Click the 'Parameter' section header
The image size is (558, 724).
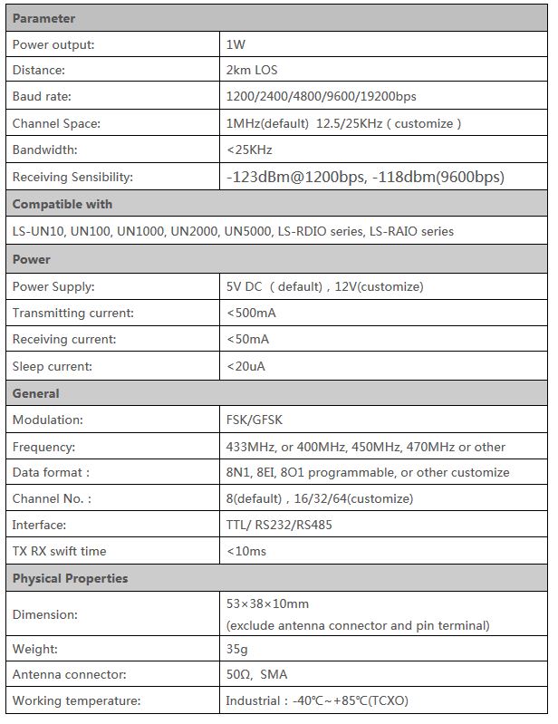(43, 18)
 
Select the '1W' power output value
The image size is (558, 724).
(236, 43)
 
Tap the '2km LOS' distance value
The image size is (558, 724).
(252, 70)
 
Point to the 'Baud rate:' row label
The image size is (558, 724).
(42, 96)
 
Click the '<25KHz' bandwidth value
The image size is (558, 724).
(249, 150)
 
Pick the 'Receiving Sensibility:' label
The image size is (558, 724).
(72, 177)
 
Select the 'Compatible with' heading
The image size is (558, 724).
(63, 204)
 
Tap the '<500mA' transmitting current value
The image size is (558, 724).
(251, 313)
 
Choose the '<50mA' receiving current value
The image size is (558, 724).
(247, 340)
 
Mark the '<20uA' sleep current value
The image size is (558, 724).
(246, 367)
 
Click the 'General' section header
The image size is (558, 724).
(36, 393)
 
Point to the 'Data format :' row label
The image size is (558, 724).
(51, 472)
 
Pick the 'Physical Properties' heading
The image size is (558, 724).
(71, 578)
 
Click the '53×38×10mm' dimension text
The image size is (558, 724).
(267, 603)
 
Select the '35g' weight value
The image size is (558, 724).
(237, 649)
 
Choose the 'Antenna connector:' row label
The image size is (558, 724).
(69, 674)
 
